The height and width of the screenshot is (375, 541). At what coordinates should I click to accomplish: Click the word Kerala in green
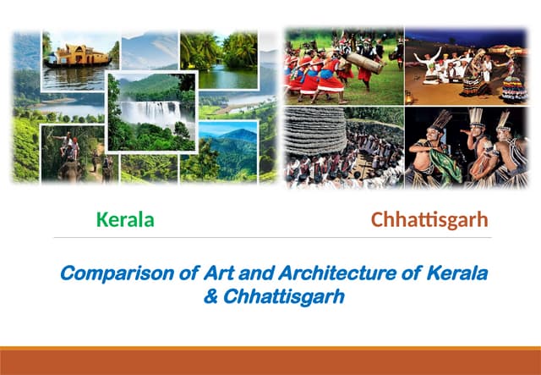point(125,220)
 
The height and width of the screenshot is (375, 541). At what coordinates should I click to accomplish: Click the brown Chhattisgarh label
point(429,220)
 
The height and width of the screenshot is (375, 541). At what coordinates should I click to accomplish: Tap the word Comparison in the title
point(107,274)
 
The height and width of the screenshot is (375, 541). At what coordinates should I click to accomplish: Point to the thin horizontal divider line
point(270,238)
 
